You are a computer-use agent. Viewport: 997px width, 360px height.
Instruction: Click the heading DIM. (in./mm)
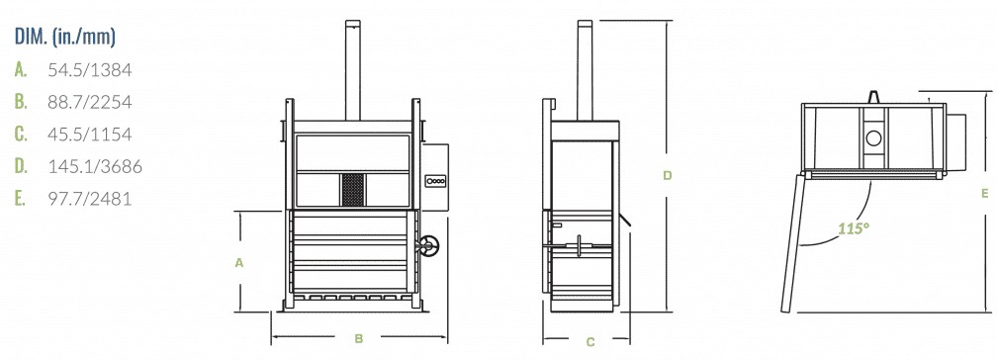point(65,37)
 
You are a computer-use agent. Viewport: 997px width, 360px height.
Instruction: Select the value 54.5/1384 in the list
point(90,70)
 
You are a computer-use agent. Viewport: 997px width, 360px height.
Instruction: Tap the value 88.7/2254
point(90,102)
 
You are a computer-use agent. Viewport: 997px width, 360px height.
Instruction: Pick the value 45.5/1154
point(90,135)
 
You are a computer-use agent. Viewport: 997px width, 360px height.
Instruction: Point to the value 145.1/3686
point(95,166)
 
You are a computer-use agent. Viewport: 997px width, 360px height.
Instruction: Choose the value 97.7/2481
point(90,199)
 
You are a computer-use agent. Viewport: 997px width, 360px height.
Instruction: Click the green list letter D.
point(21,166)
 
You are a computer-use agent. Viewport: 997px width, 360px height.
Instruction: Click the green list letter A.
point(21,70)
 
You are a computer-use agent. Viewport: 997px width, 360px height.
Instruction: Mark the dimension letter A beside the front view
point(239,262)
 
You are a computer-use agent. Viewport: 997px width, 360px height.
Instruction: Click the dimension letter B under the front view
point(359,339)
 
